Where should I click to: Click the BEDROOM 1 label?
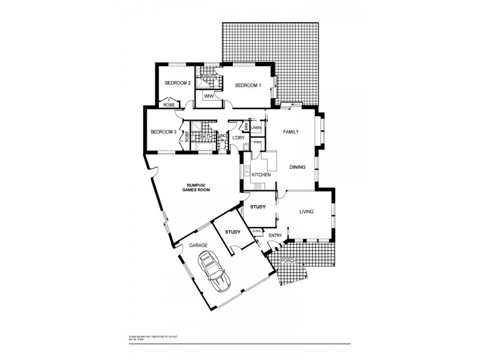[248, 86]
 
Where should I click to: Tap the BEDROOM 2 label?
[178, 83]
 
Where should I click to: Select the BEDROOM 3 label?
[163, 132]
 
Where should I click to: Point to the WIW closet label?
[209, 96]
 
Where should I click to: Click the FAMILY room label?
[291, 131]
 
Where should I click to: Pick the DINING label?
[298, 167]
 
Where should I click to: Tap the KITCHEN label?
[261, 175]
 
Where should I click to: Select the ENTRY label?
[275, 235]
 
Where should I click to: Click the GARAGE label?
[198, 246]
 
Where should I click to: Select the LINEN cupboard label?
[256, 128]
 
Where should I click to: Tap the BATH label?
[205, 137]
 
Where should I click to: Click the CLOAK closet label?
[256, 230]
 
